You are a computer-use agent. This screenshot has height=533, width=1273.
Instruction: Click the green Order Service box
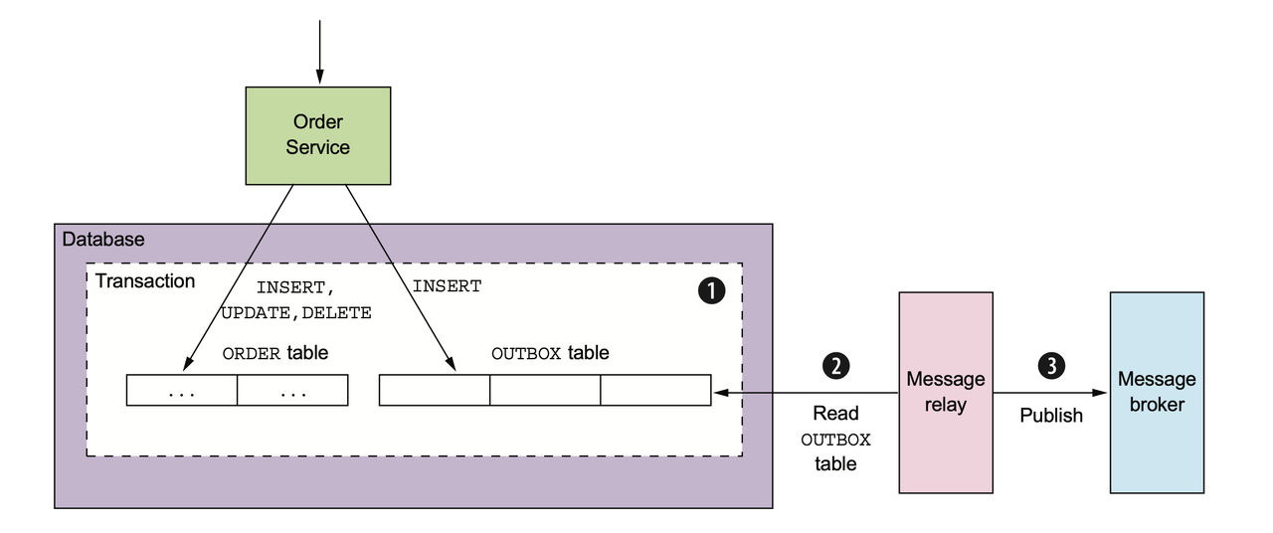318,135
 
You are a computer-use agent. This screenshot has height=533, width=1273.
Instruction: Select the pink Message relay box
945,392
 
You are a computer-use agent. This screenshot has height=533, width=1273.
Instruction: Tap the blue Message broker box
1157,392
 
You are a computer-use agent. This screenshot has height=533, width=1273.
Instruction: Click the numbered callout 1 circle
710,290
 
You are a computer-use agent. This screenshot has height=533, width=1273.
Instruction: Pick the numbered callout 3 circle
1050,365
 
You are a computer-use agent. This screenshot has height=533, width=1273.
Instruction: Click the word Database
103,240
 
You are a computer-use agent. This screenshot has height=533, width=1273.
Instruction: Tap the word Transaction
145,281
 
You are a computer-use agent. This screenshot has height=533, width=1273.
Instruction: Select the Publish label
1051,416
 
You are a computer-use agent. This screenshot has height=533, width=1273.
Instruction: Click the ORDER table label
274,353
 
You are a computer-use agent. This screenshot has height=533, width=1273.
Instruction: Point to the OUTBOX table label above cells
550,353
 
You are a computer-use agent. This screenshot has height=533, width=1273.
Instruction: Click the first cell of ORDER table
182,391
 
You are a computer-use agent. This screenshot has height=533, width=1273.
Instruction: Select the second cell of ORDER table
293,391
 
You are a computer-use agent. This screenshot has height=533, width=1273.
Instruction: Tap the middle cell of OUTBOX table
545,391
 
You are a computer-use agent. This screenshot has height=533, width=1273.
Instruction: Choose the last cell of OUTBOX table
656,391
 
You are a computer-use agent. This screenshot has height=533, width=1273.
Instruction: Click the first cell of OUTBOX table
435,391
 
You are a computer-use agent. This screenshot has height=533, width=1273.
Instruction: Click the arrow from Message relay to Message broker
1050,394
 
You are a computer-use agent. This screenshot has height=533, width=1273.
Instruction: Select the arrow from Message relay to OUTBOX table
806,394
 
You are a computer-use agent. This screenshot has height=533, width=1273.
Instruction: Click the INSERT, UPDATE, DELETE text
296,299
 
